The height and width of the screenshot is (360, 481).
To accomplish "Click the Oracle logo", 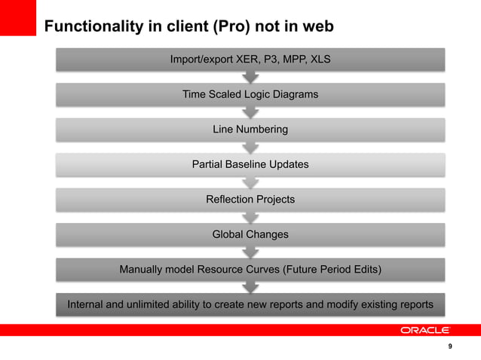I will [424, 330].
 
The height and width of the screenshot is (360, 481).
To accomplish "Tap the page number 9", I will [450, 346].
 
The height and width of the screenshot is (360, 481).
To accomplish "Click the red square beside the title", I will [18, 17].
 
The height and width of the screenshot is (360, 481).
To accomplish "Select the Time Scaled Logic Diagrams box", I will [250, 94].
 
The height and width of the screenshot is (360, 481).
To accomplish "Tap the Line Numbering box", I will [250, 130].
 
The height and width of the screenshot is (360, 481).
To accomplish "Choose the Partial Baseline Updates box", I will [250, 164].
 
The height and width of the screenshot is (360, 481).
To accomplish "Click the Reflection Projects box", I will [250, 200].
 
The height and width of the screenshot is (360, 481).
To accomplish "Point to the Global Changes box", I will [250, 234].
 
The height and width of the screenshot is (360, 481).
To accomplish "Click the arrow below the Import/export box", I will [250, 77].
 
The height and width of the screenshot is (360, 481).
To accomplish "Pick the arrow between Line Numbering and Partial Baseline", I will [250, 147].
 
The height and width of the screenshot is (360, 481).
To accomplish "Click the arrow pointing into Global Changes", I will [250, 217].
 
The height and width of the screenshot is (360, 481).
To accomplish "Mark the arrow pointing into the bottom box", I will [250, 287].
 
